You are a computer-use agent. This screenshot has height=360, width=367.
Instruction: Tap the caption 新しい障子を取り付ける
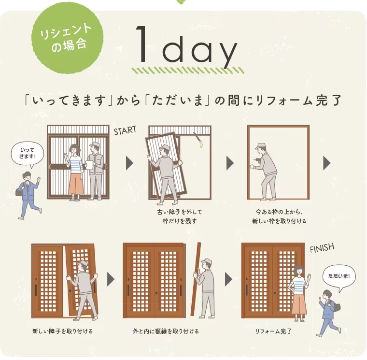(x=62, y=331)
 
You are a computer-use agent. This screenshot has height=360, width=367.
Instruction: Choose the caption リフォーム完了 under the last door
(x=273, y=331)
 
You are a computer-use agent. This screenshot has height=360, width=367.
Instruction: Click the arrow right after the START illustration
(x=129, y=163)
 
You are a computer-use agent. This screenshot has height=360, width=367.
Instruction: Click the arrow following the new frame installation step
(x=327, y=163)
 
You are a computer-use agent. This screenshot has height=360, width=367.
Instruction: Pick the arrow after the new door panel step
(x=111, y=279)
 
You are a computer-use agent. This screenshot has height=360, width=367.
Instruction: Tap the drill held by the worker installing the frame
(x=256, y=158)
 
